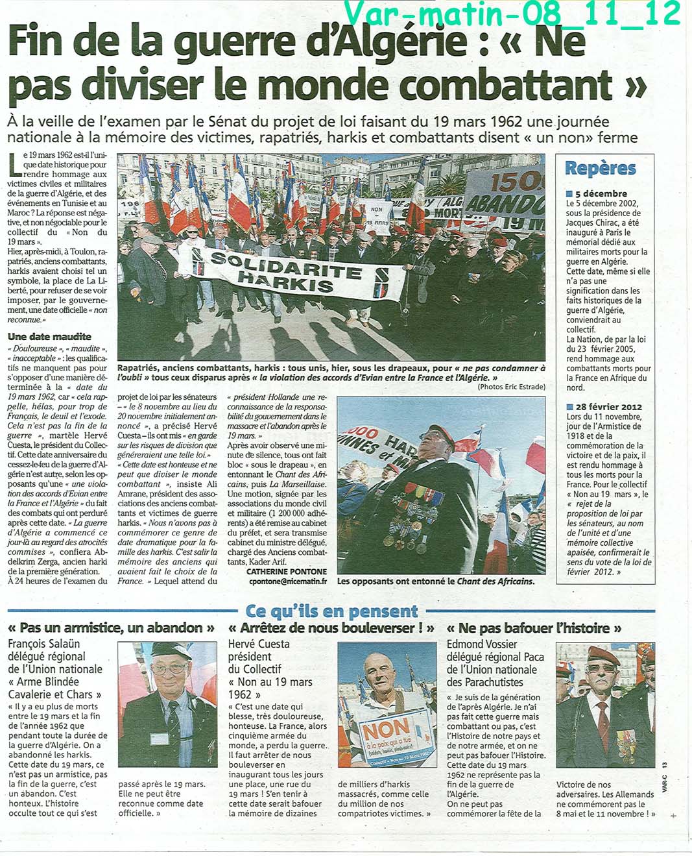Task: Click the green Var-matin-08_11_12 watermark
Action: tap(512, 14)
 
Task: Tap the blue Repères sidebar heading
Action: tap(600, 168)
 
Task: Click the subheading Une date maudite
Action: tap(49, 336)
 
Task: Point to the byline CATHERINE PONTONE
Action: tap(287, 571)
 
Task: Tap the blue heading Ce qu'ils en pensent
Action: tap(331, 611)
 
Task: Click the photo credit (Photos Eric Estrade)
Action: tap(512, 387)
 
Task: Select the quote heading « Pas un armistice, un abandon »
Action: tap(111, 628)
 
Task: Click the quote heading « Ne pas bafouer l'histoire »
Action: tap(534, 628)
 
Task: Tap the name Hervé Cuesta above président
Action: tap(259, 644)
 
